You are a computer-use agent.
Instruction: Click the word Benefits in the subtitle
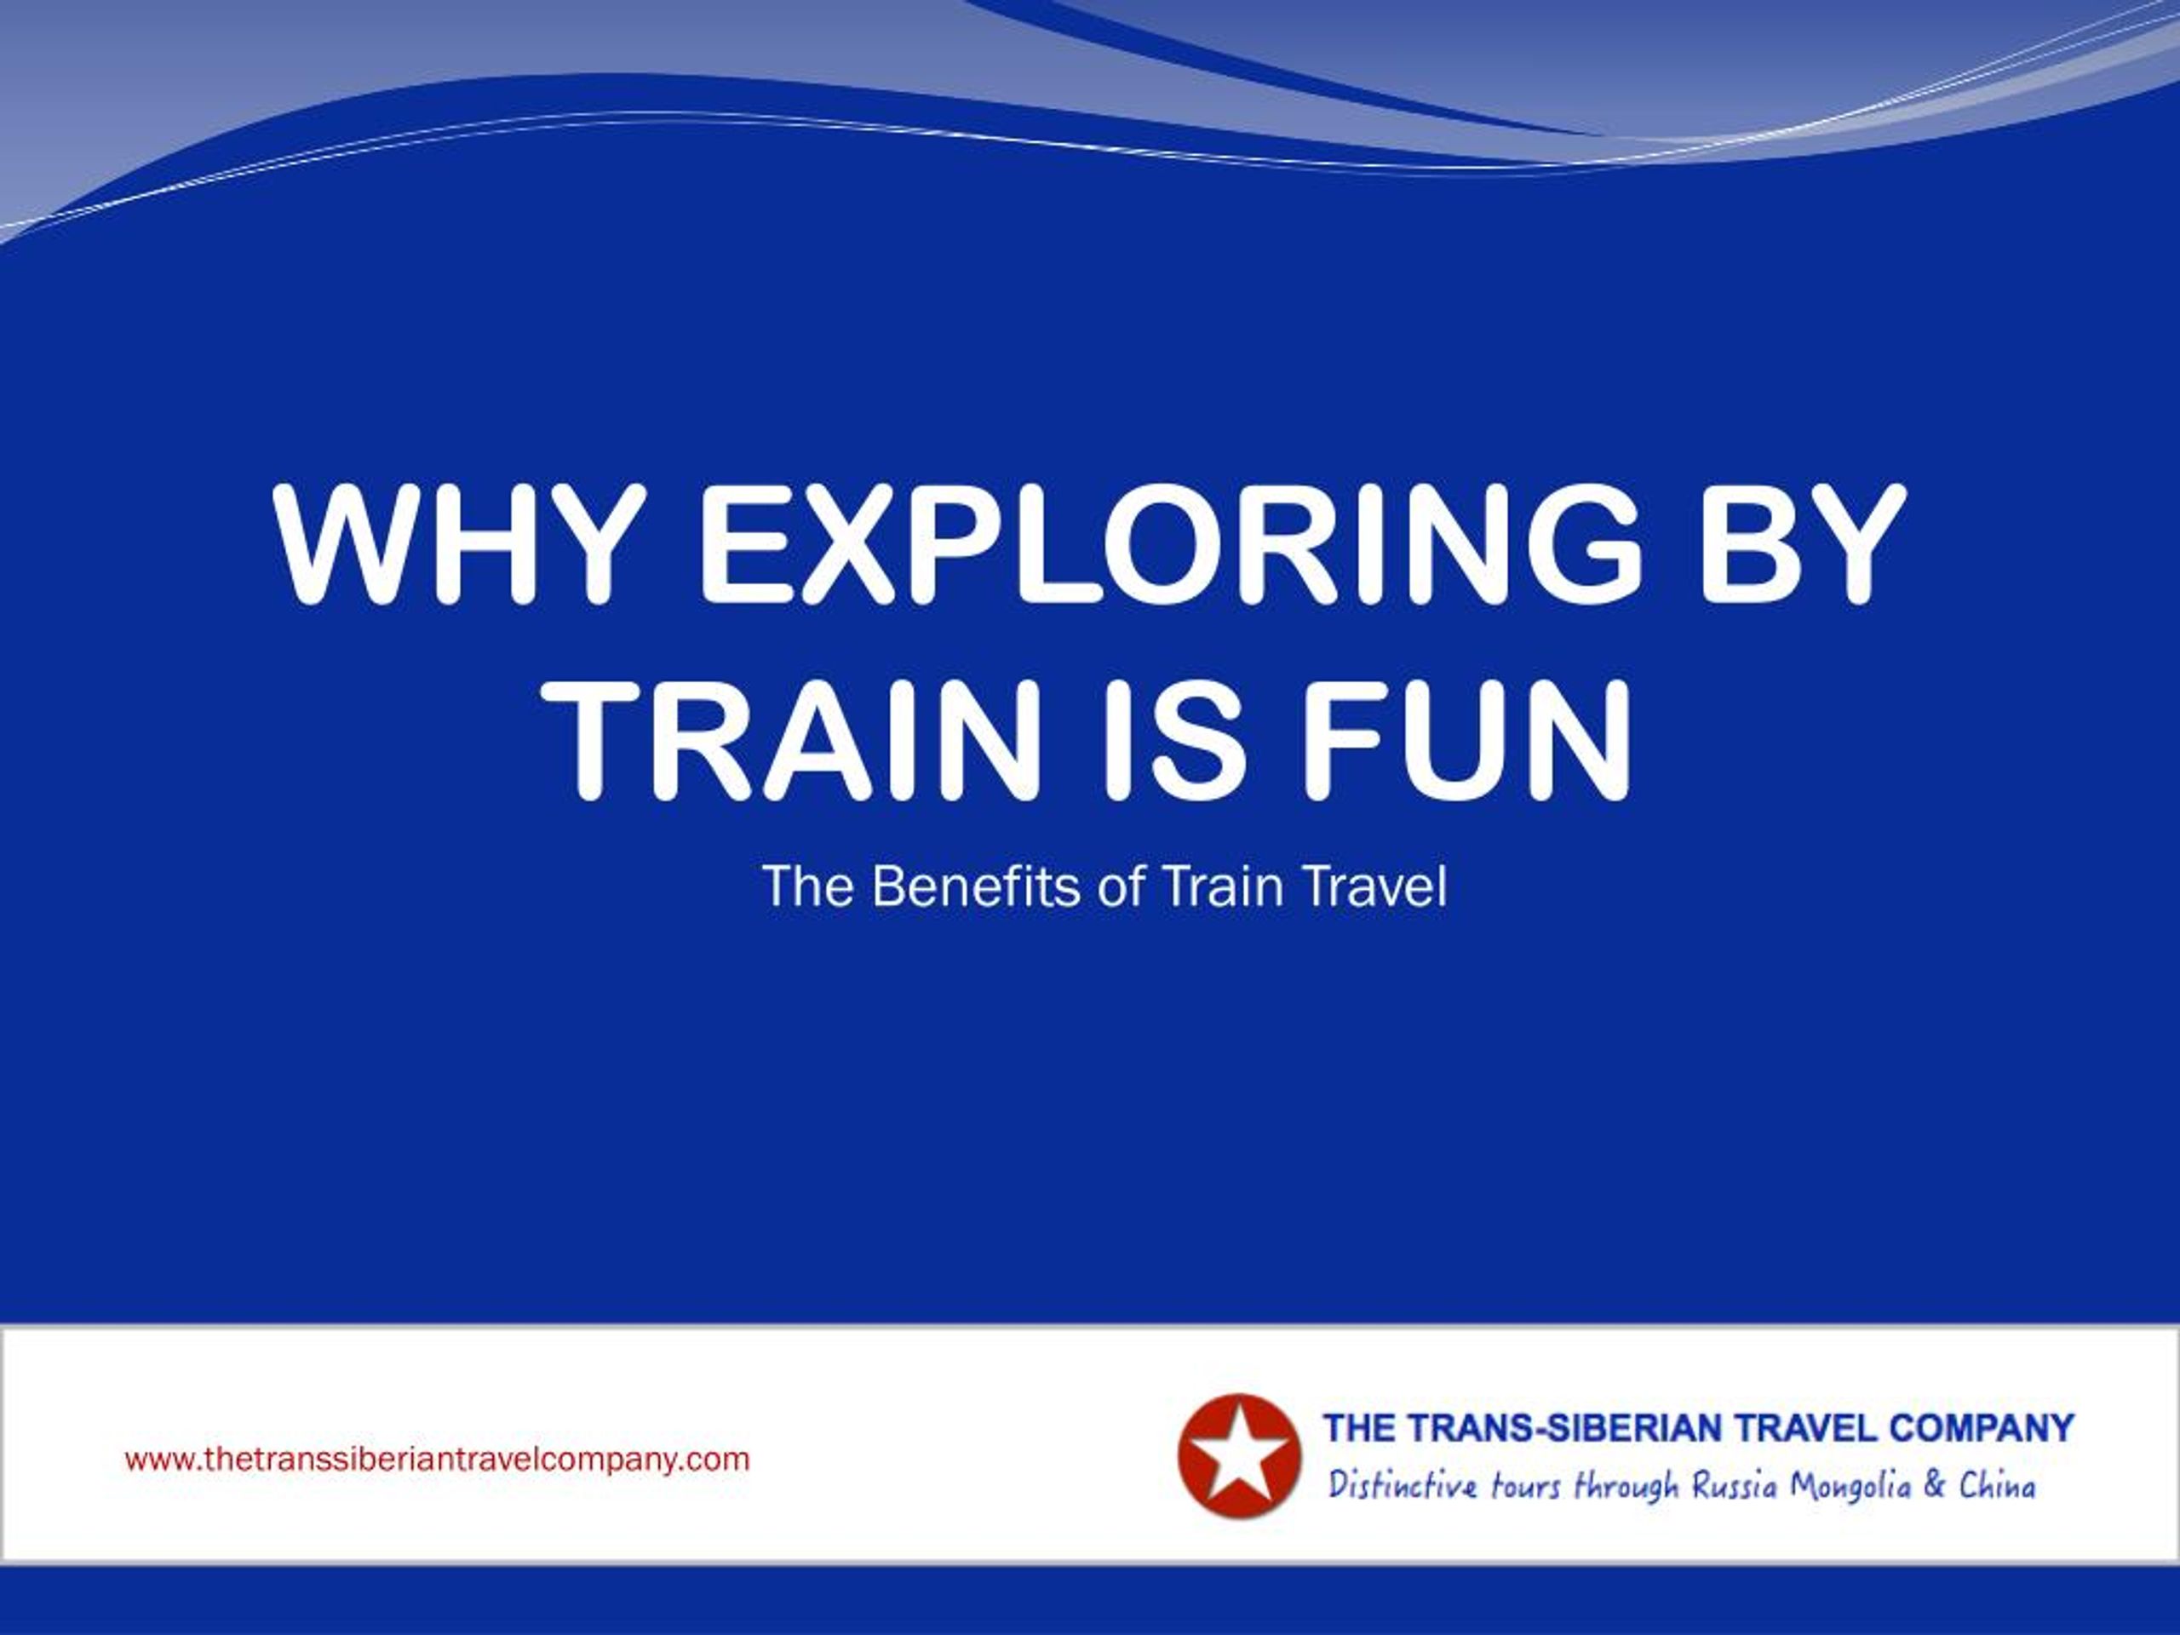(976, 886)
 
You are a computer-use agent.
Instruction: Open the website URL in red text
(437, 1459)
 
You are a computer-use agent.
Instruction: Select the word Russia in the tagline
(1735, 1485)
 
